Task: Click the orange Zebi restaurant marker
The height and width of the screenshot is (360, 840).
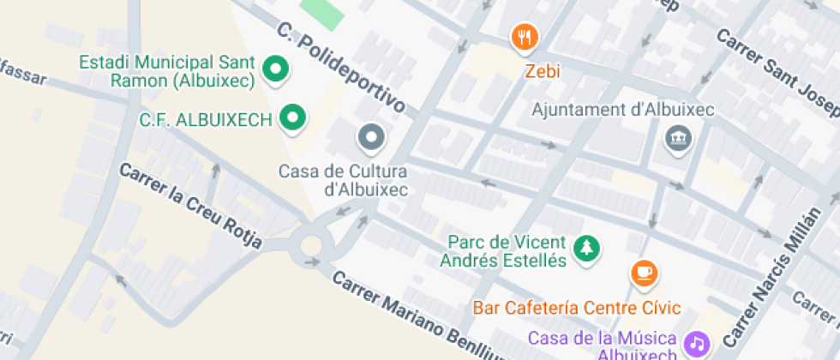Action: pos(525,37)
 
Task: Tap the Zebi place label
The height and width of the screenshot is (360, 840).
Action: pos(542,71)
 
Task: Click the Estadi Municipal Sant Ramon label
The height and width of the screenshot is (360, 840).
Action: pos(167,72)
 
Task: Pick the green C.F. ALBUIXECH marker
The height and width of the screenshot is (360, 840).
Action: pos(293,118)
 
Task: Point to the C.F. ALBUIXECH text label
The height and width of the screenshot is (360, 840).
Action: pos(206,119)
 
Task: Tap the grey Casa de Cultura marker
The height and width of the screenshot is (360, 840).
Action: pos(371,136)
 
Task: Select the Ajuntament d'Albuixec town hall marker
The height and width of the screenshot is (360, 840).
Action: pos(678,137)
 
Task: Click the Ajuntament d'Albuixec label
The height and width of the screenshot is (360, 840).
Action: pos(623,110)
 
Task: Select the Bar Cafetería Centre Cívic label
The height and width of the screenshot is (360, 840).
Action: pos(576,307)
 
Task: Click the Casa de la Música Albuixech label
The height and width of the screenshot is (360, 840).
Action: pos(603,345)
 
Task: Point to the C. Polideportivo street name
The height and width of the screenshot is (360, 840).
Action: pos(341,69)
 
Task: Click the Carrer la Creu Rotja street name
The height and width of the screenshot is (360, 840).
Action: pos(189,206)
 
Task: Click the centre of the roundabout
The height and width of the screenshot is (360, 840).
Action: pos(310,246)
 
